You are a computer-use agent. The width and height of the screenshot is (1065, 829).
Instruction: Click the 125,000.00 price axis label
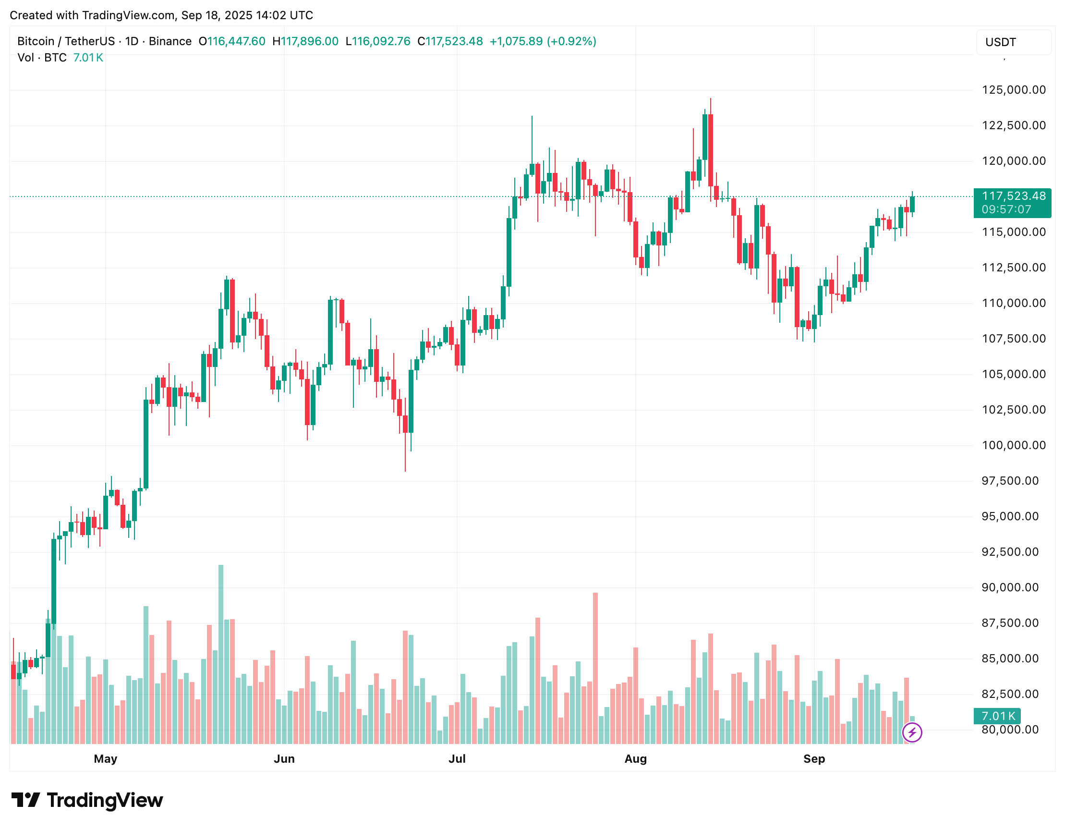[x=1013, y=90]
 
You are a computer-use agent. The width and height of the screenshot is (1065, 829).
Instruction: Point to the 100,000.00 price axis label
[x=1013, y=445]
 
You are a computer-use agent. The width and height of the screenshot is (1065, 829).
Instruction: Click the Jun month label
[x=284, y=759]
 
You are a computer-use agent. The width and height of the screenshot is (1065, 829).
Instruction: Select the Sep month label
[x=814, y=759]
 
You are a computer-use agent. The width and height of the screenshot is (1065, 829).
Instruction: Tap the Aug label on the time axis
[x=635, y=759]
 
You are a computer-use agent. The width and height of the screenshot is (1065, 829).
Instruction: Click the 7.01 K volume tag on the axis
[x=998, y=716]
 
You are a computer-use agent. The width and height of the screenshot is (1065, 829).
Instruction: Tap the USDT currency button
[x=1013, y=42]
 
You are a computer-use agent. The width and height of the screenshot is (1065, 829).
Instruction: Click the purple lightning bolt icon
[x=912, y=732]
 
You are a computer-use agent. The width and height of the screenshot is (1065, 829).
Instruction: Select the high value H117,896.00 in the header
[x=305, y=41]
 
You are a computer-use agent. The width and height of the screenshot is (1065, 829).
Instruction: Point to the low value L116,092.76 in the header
[x=378, y=41]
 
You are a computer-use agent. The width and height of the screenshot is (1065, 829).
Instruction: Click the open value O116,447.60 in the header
[x=232, y=41]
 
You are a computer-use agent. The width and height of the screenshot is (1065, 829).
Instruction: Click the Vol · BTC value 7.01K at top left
[x=88, y=58]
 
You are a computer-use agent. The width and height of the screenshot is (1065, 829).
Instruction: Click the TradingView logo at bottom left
[x=87, y=800]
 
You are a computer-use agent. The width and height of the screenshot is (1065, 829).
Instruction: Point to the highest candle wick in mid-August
[x=711, y=100]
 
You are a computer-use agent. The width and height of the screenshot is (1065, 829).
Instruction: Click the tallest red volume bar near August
[x=595, y=668]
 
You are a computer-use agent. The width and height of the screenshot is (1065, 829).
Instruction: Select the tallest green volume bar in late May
[x=221, y=653]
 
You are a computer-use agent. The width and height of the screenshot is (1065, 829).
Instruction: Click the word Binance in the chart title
[x=170, y=41]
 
